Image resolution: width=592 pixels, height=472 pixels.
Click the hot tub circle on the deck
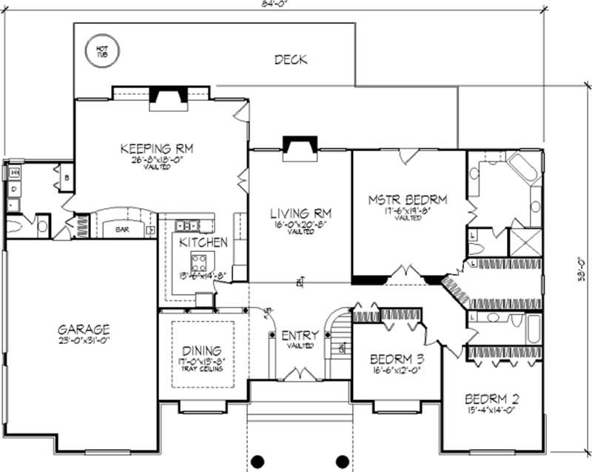[x=101, y=51]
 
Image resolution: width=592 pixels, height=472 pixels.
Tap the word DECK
[x=290, y=60]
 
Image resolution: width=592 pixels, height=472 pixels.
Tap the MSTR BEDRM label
[x=408, y=200]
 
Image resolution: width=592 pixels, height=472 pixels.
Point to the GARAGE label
[x=84, y=329]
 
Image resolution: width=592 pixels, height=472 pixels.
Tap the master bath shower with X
[x=526, y=242]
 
